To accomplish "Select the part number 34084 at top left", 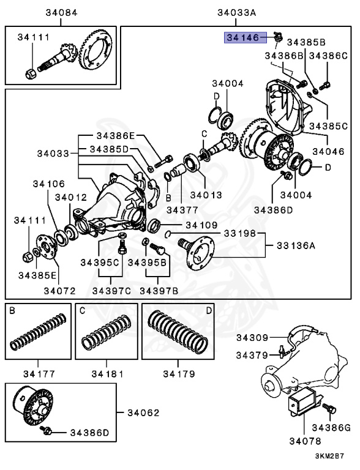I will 61,13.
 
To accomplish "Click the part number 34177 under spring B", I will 39,373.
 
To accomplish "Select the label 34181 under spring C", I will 108,373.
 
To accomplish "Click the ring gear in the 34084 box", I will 92,55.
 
